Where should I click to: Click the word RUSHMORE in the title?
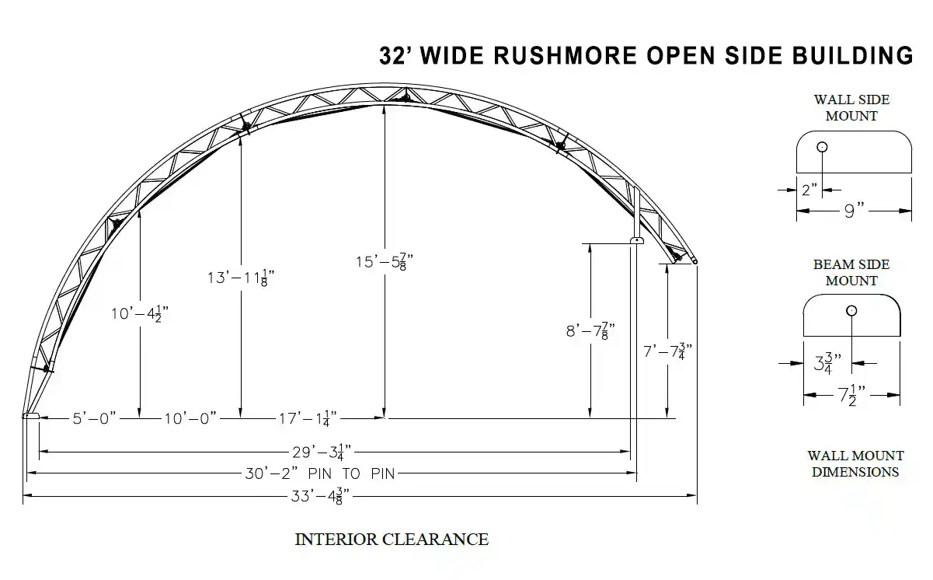pos(566,56)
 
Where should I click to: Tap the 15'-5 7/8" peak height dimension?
pos(384,262)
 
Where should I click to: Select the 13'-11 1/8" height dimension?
pos(241,278)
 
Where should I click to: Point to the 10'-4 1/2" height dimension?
pos(140,313)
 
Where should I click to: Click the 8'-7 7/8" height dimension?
pos(590,331)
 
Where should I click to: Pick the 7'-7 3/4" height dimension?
pos(667,351)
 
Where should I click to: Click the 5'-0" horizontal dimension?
pos(94,418)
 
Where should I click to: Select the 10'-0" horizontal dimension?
pos(190,418)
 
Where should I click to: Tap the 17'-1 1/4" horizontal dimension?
pos(308,418)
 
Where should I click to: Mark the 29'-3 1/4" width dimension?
pos(322,452)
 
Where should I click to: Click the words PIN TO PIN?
pos(351,474)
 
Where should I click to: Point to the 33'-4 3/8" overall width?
pos(320,496)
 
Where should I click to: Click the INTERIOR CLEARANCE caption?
pos(392,540)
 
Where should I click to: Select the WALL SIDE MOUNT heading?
pos(851,107)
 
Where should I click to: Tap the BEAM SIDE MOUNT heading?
pos(851,272)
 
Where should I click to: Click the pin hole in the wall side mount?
pos(822,147)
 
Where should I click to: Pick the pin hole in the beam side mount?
pos(851,311)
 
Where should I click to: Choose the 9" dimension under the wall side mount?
pos(855,211)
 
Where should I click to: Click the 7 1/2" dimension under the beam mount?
pos(851,395)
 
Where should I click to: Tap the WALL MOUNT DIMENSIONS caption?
pos(855,463)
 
